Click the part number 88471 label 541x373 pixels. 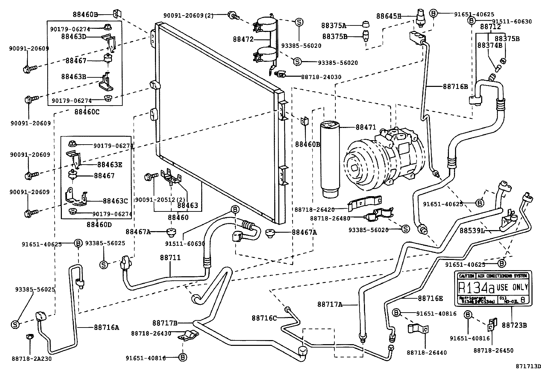coord(366,128)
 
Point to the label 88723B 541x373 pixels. coord(514,325)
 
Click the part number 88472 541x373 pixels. coord(243,39)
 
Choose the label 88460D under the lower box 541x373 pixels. coord(99,224)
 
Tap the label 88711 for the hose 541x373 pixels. coord(170,258)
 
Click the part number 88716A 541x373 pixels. coord(107,328)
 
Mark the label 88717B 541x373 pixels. coord(165,323)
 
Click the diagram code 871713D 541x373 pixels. coord(528,366)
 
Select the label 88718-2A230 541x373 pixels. coord(32,358)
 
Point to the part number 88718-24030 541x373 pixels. coord(321,77)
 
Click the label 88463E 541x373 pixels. coord(109,165)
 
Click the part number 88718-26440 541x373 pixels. coord(426,353)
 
